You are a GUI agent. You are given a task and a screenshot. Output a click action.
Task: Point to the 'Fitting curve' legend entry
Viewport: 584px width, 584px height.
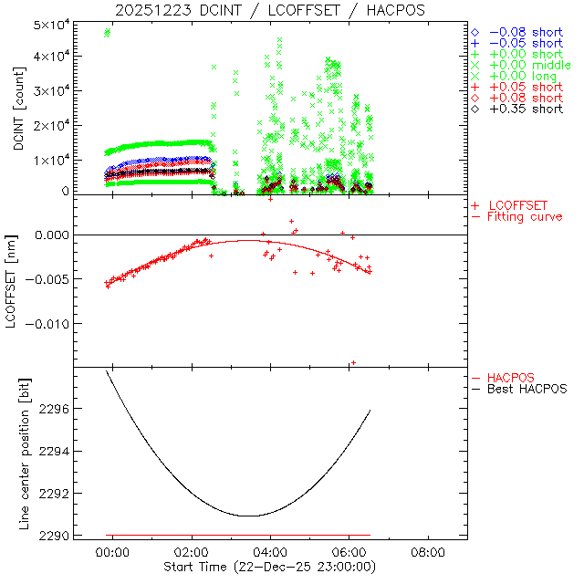point(525,217)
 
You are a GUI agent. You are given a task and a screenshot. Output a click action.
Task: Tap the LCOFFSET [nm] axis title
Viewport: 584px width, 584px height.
point(18,281)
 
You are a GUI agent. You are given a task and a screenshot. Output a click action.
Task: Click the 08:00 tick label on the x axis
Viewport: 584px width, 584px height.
point(428,553)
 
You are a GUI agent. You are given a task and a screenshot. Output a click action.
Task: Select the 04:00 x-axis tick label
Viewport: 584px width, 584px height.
point(271,553)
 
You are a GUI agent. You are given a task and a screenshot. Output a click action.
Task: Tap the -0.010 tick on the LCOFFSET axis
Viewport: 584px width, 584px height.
point(73,323)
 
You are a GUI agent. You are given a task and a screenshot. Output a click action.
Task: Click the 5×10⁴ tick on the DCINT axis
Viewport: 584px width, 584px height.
point(77,23)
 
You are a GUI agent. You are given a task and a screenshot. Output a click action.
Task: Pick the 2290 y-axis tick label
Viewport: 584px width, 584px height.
point(77,535)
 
